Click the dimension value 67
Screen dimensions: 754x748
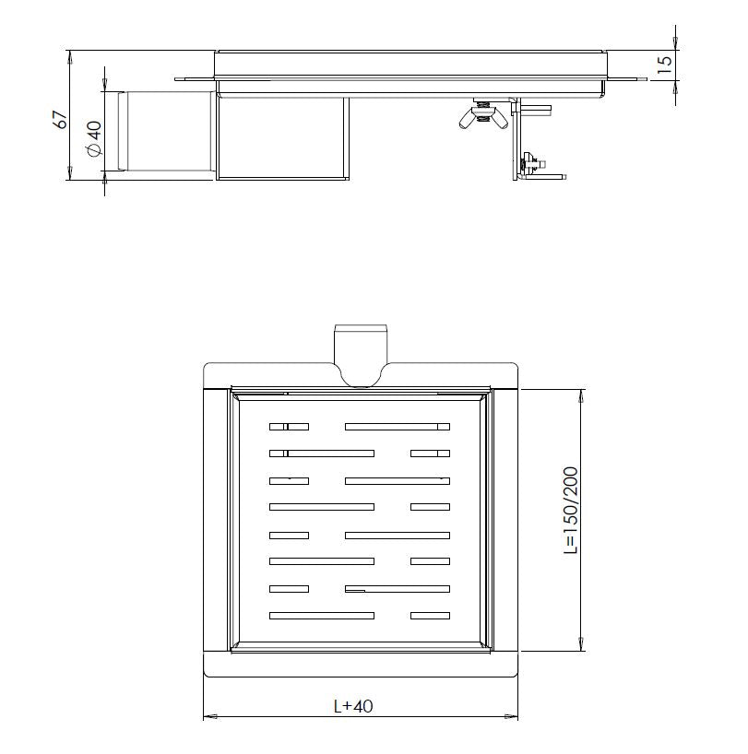[x=61, y=119]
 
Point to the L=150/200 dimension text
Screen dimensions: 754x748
[x=571, y=510]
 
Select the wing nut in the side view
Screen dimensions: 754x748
[x=481, y=115]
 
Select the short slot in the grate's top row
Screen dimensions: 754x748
[x=289, y=426]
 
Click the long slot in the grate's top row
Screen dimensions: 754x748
[x=397, y=426]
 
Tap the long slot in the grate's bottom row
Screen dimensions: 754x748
[x=321, y=615]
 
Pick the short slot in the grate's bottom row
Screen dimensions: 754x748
[x=430, y=615]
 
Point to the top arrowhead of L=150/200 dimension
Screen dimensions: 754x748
[x=580, y=395]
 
